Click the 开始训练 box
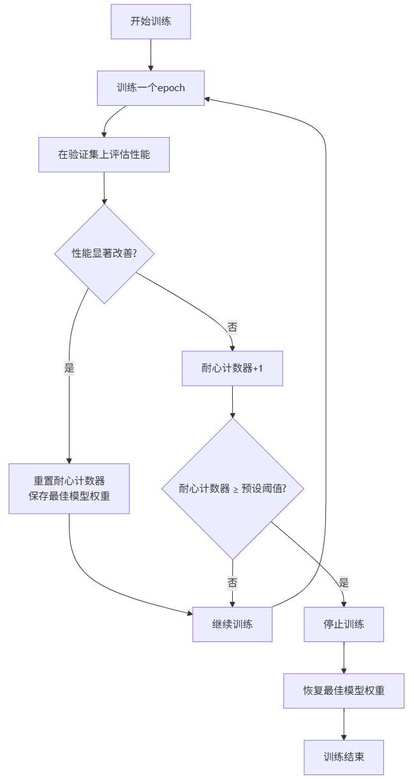tap(151, 22)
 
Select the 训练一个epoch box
tap(151, 88)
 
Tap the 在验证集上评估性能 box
tap(104, 154)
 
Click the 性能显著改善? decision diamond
tap(104, 253)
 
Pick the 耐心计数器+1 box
tap(232, 368)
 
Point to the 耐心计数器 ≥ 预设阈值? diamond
tap(232, 489)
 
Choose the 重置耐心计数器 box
tap(69, 488)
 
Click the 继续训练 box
tap(232, 624)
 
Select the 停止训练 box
tap(344, 624)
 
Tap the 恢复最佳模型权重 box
tap(344, 690)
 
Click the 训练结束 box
tap(344, 757)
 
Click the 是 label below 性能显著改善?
tap(69, 368)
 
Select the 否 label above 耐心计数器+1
tap(232, 328)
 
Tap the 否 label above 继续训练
tap(232, 583)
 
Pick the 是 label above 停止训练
tap(344, 583)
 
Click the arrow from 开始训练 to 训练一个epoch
tap(151, 55)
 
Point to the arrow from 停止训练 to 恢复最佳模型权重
tap(344, 657)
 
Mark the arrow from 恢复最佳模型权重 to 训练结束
tap(344, 724)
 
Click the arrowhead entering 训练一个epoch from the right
tap(208, 99)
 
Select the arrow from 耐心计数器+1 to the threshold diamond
tap(232, 402)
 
